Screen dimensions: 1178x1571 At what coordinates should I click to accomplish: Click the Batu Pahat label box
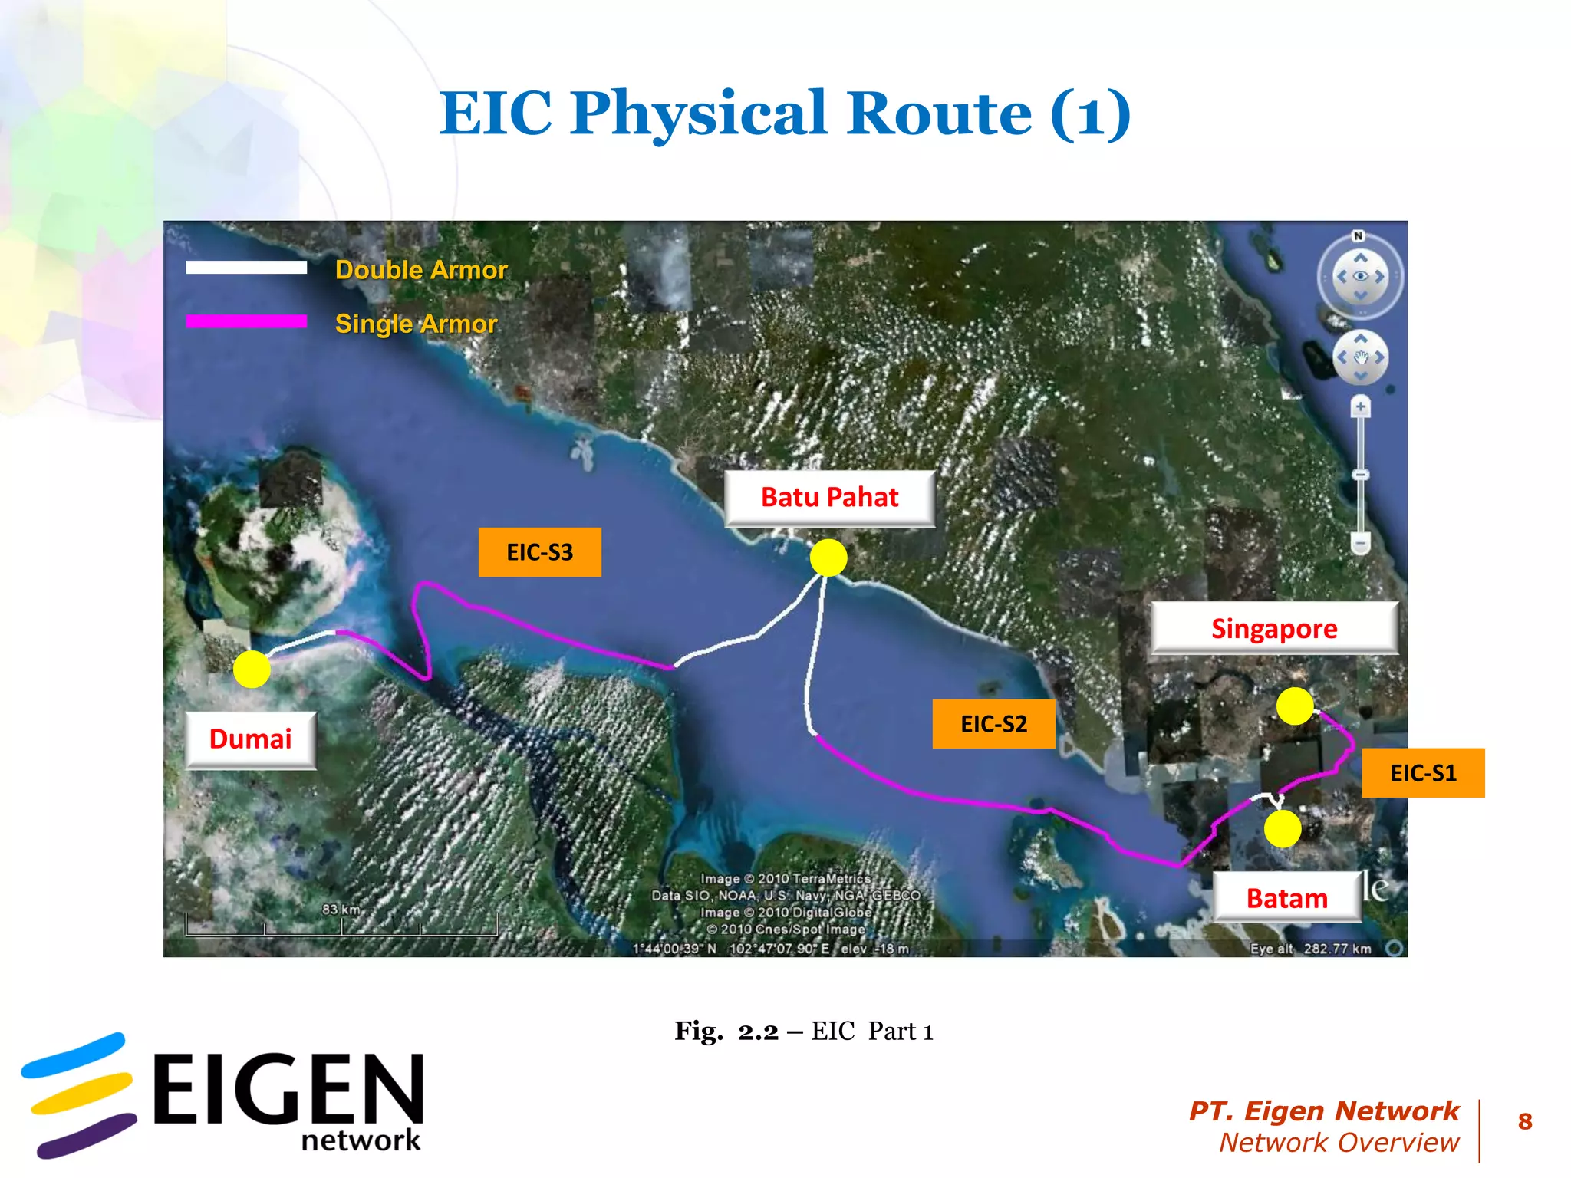click(x=829, y=498)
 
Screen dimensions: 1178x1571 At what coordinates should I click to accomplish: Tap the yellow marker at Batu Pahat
click(x=828, y=558)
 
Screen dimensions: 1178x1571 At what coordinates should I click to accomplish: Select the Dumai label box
click(x=250, y=739)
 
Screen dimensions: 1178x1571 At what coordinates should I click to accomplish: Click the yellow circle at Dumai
click(x=252, y=669)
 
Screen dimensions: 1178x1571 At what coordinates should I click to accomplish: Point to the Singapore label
click(x=1273, y=629)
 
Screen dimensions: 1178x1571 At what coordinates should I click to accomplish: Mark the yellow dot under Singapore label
click(x=1295, y=706)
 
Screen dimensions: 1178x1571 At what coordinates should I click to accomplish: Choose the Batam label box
click(x=1286, y=898)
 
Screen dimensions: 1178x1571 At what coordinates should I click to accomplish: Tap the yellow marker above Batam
click(x=1282, y=829)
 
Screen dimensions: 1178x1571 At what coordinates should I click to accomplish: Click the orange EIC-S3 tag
click(x=539, y=552)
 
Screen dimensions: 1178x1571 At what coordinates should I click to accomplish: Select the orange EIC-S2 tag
click(x=993, y=724)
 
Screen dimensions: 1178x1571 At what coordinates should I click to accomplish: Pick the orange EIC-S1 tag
click(x=1423, y=773)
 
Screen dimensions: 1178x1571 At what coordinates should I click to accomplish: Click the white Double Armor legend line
click(x=246, y=268)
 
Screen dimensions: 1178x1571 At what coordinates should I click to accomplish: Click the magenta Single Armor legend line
click(x=246, y=321)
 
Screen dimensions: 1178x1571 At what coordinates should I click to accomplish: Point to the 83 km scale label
click(x=341, y=910)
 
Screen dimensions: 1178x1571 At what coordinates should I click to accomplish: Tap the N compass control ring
click(x=1360, y=277)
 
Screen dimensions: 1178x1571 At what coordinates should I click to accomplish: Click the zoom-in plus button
click(x=1360, y=407)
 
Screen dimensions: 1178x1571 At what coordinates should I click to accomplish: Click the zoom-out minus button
click(x=1360, y=543)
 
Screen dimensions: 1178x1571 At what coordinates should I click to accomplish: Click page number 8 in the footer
click(x=1525, y=1122)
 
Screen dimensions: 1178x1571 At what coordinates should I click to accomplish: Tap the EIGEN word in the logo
click(x=288, y=1089)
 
